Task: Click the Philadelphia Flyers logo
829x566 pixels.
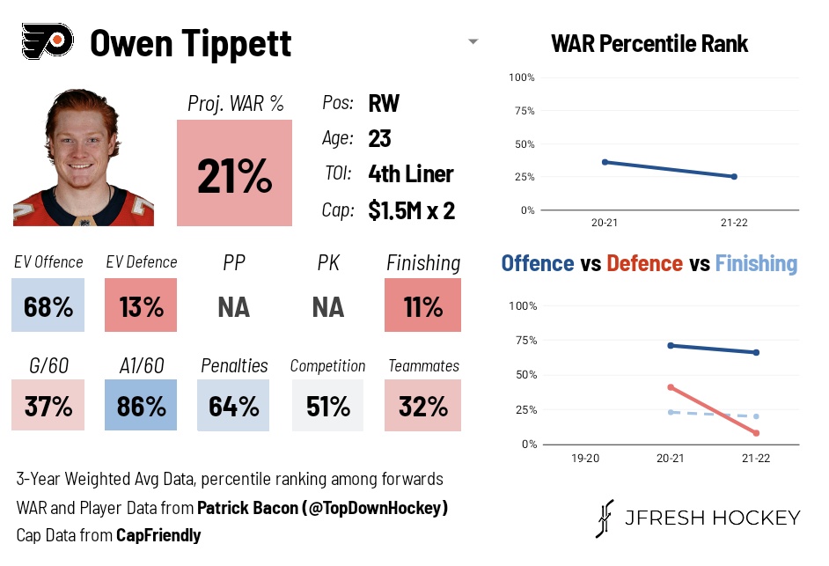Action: [x=46, y=41]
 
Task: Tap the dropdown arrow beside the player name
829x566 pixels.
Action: [x=473, y=41]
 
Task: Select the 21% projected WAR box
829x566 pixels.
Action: [x=233, y=173]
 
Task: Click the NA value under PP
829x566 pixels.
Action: [x=233, y=307]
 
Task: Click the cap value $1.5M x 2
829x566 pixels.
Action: [x=411, y=210]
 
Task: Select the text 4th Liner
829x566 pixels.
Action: [x=410, y=174]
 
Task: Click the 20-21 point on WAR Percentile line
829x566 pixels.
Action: [x=605, y=162]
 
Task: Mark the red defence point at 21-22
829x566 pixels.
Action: [x=756, y=433]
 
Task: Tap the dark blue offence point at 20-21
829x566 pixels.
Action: [x=671, y=345]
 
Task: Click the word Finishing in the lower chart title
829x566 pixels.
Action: [x=756, y=263]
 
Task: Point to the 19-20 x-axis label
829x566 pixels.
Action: [x=585, y=459]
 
